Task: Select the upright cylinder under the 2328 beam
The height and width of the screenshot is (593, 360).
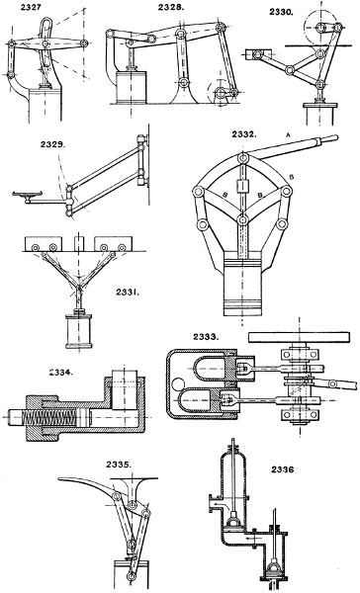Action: point(128,83)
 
